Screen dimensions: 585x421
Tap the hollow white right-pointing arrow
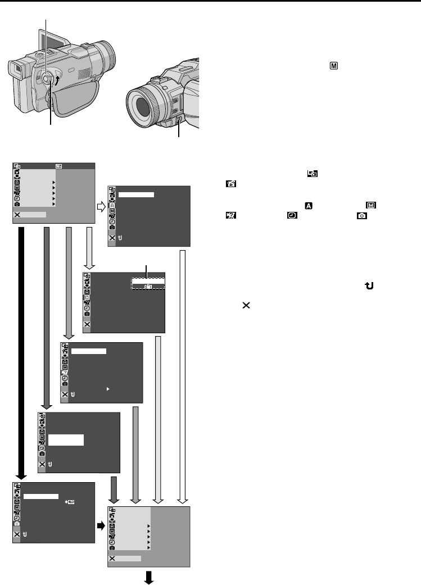click(102, 208)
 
